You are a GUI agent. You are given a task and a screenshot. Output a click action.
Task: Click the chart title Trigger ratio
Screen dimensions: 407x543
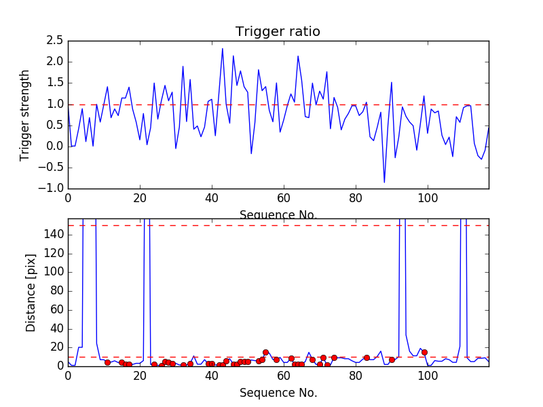point(278,32)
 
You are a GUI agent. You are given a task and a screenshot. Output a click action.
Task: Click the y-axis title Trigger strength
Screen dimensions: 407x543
point(25,115)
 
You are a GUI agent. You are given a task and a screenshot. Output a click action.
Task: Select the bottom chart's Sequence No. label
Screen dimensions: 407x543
point(278,393)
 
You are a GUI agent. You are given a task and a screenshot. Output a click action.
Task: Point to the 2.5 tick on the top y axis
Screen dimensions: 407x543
point(54,41)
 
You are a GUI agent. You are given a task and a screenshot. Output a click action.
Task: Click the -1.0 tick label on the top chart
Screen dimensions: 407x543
point(50,188)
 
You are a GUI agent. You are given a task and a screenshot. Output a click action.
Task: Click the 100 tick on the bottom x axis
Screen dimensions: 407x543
point(428,375)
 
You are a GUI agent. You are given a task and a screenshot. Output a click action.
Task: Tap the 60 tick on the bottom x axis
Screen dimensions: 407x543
point(284,375)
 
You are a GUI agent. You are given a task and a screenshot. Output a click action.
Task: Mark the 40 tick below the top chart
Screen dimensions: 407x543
point(212,198)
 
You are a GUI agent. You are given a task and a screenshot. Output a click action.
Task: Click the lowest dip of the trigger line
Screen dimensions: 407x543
point(384,182)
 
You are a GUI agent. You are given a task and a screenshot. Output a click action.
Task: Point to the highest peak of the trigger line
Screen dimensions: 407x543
point(223,48)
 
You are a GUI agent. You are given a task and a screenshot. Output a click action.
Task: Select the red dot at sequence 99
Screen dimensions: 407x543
point(424,352)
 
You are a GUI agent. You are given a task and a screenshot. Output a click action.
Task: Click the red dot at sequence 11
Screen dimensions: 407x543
point(107,362)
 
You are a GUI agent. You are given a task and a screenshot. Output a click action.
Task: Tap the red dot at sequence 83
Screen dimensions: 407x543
point(367,357)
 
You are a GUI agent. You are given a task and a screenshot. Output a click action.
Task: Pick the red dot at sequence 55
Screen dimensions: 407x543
point(265,352)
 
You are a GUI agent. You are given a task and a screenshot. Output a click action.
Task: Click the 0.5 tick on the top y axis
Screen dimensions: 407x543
point(54,125)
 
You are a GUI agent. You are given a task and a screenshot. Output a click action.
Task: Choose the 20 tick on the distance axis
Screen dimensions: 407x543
point(57,347)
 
